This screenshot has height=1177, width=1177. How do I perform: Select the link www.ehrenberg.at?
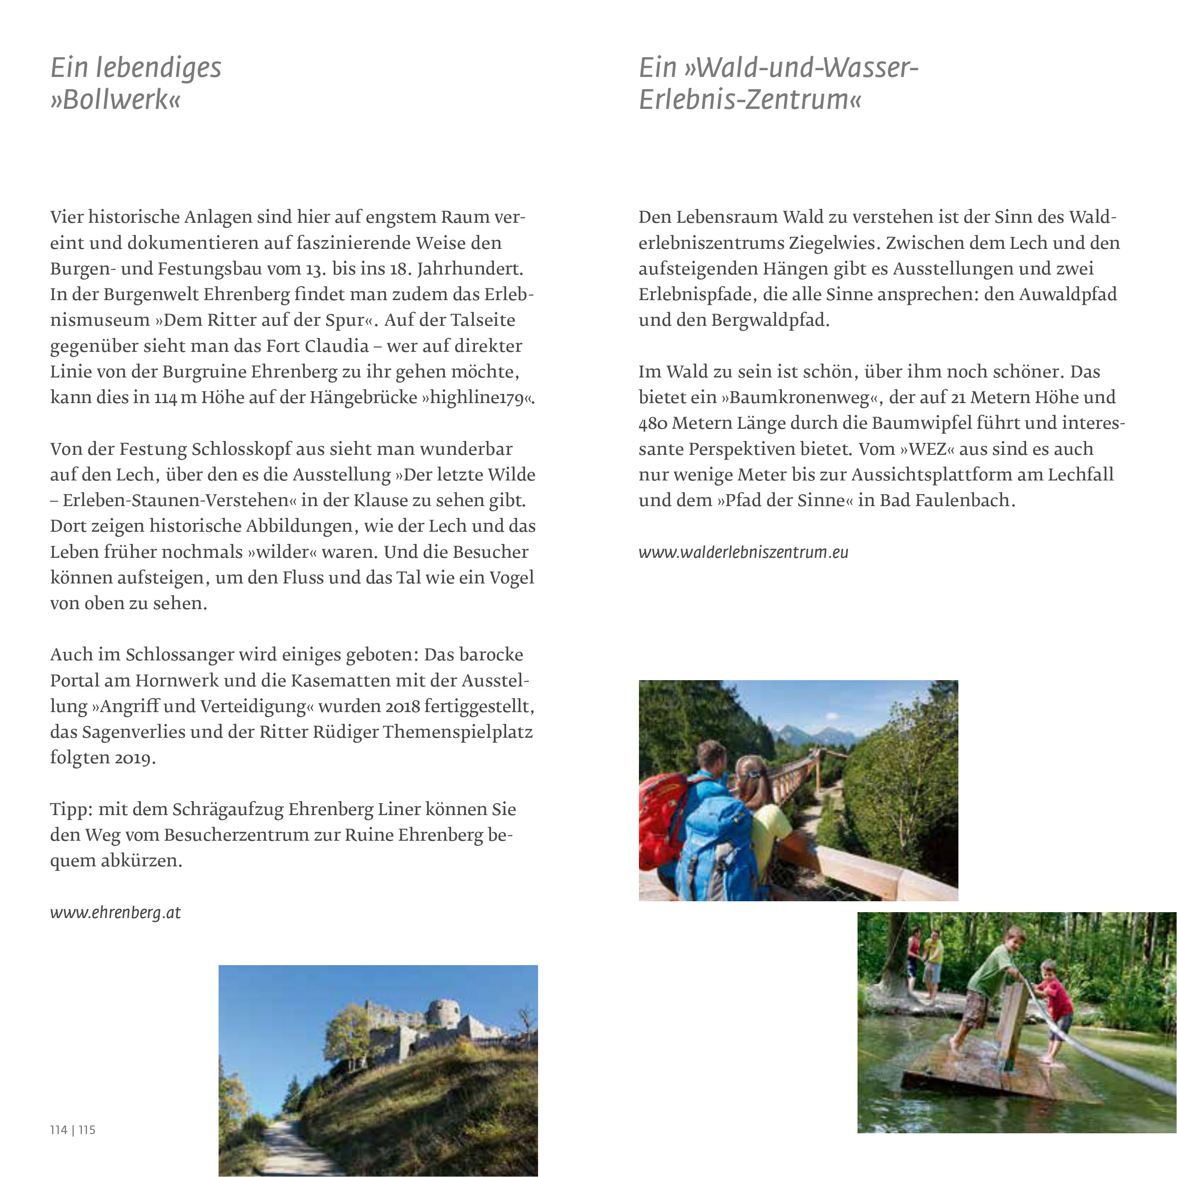click(115, 913)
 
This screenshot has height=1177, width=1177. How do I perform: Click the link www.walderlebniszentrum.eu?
click(743, 552)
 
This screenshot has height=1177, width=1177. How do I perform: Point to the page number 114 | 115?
click(72, 1130)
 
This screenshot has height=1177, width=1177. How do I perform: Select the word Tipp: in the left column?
click(71, 810)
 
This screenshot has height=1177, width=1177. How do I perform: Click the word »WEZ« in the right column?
click(929, 449)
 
